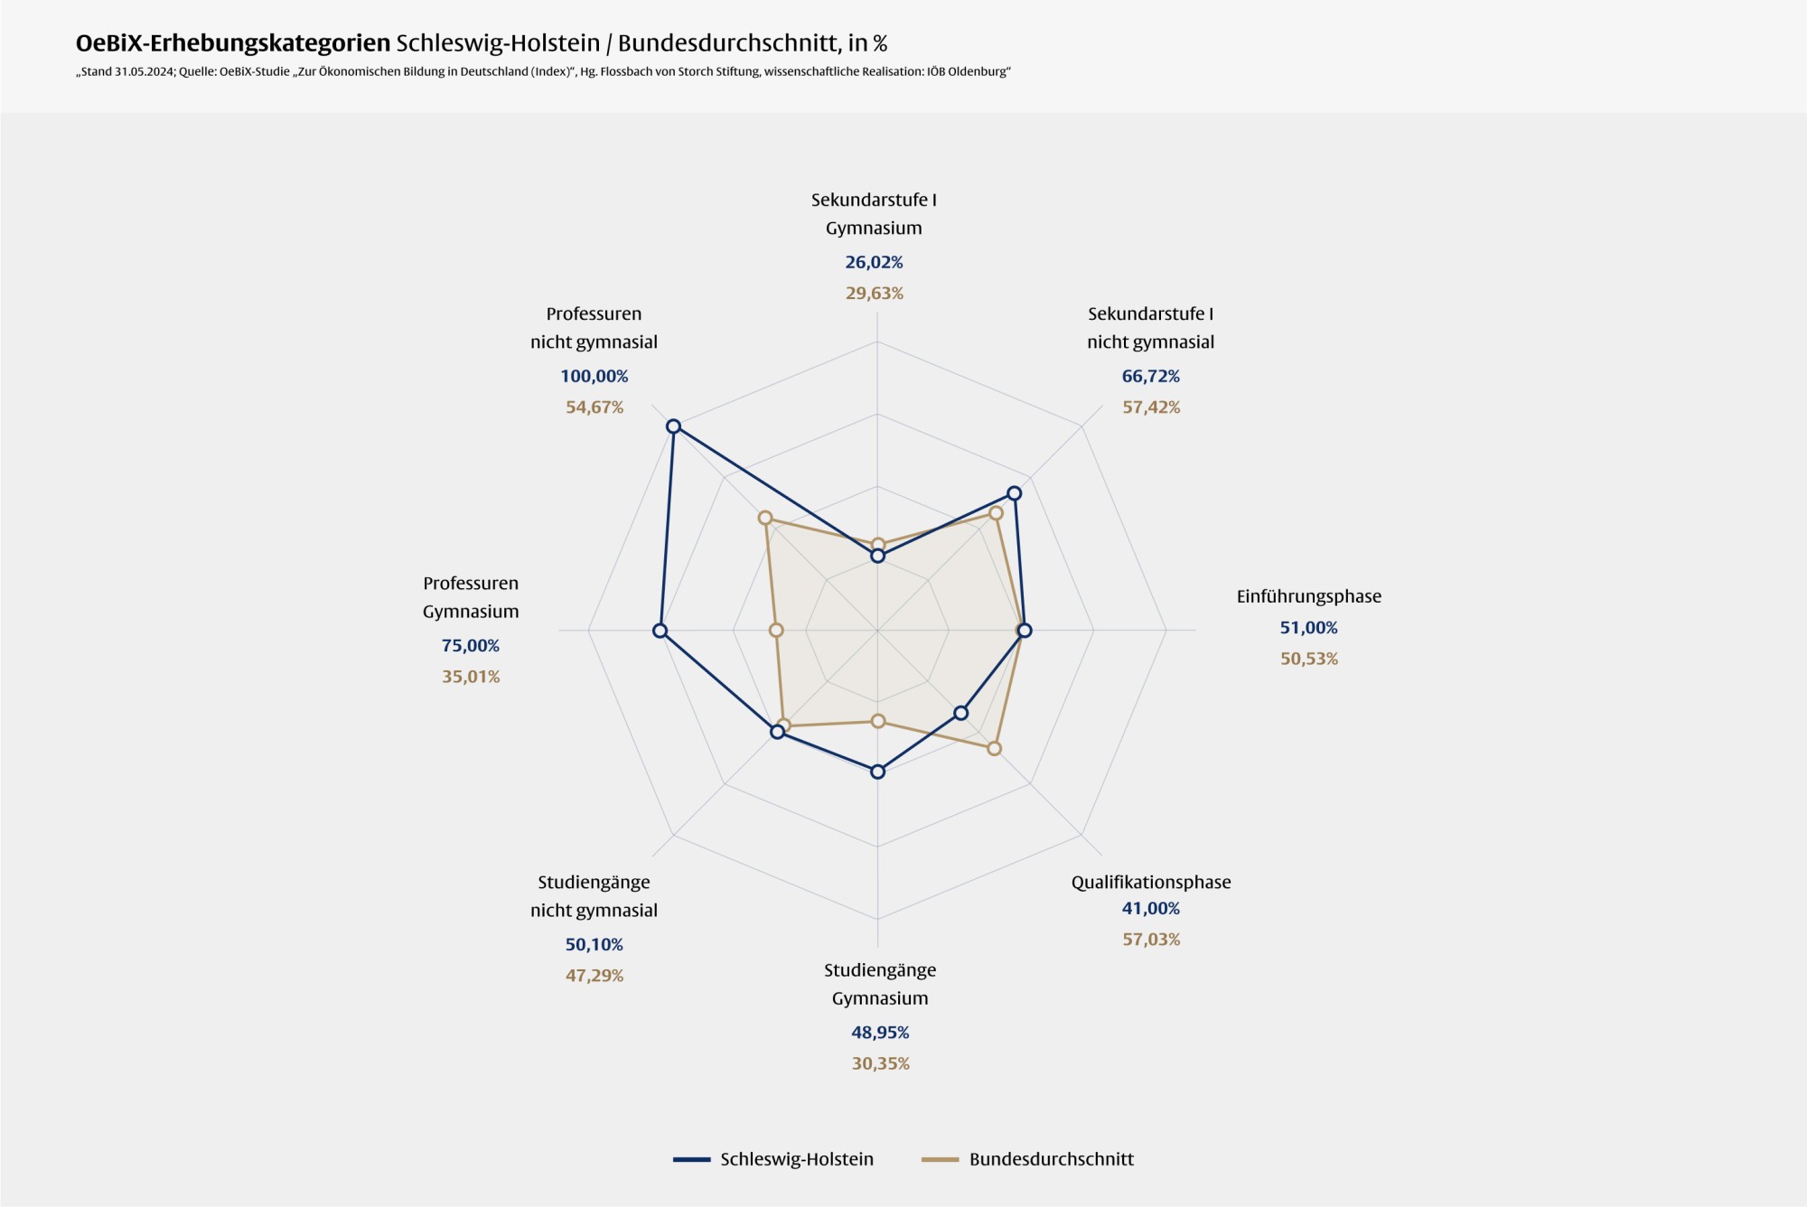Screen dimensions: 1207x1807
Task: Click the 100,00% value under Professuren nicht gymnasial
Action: coord(594,376)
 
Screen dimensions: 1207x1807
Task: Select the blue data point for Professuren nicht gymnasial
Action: coord(673,426)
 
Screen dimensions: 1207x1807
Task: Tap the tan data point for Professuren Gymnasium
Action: coord(776,630)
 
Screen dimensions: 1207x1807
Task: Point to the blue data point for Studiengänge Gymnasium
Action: coord(877,772)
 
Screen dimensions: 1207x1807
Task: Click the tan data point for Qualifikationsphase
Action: coord(994,748)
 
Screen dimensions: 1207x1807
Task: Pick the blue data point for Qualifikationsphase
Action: coord(961,713)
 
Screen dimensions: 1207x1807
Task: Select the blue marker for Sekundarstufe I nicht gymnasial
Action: coord(1015,493)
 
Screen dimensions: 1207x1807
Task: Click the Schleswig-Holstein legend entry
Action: coord(773,1159)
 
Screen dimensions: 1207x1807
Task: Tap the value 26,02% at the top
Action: coord(874,262)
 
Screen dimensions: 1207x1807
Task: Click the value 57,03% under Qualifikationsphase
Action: coord(1151,940)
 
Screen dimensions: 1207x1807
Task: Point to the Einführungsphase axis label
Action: coord(1308,596)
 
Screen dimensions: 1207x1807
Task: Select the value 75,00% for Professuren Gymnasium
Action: coord(470,645)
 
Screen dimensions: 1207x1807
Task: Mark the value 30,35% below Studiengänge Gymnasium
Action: coord(880,1063)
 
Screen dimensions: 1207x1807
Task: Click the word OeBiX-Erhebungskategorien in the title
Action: coord(233,42)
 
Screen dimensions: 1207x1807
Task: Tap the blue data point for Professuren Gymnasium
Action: coord(660,631)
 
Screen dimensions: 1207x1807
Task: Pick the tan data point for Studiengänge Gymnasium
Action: coord(877,721)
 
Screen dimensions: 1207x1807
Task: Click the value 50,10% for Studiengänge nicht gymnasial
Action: coord(594,944)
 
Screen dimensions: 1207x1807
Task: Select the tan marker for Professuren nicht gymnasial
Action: coord(765,518)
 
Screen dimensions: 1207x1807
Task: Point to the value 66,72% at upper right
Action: coord(1150,376)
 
